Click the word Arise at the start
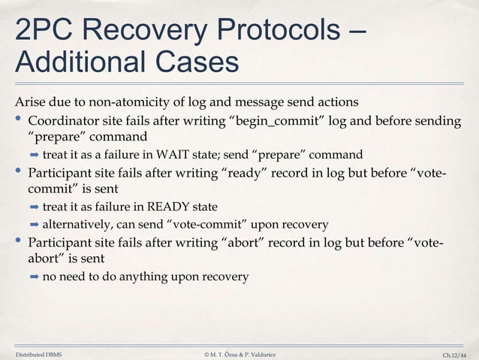30,102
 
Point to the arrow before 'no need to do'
34,277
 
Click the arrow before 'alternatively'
34,224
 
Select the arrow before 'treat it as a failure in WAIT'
34,156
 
